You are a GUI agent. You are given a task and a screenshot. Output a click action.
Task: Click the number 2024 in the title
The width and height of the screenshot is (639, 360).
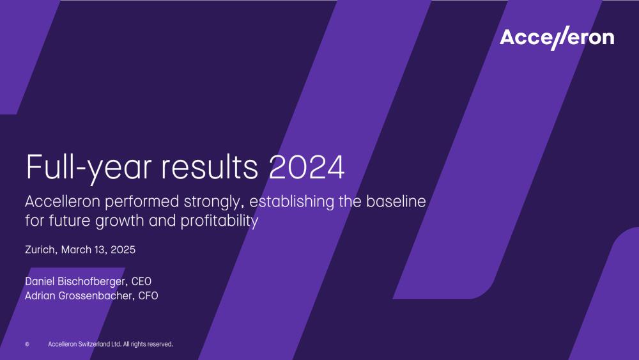[x=307, y=167]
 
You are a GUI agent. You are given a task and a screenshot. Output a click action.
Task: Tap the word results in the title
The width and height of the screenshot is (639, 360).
[x=210, y=167]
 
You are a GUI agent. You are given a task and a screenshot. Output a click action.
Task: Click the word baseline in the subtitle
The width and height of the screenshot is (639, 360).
[x=396, y=201]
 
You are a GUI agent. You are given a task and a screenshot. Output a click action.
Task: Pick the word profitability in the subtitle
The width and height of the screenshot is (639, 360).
[x=219, y=221]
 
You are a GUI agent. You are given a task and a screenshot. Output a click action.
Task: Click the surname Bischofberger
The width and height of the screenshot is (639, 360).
[x=93, y=282]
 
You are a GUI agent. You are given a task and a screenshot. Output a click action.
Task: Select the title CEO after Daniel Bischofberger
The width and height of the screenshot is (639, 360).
[x=141, y=281]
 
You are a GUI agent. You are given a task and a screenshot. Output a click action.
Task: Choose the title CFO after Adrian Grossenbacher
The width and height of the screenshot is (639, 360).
[x=148, y=295]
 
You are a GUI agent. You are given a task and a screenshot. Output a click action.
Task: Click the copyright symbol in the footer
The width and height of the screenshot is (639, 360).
[x=27, y=345]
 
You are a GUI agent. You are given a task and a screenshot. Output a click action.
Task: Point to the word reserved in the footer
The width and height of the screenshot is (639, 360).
[x=160, y=344]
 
